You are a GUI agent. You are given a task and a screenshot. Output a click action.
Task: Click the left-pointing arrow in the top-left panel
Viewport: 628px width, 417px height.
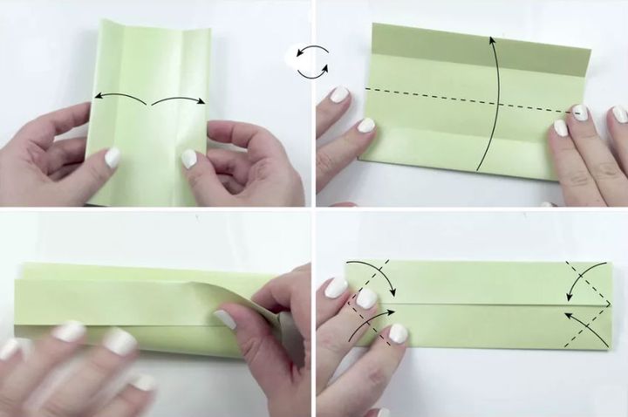click(x=119, y=96)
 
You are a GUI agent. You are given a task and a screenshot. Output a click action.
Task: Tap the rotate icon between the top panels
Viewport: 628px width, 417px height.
click(x=311, y=62)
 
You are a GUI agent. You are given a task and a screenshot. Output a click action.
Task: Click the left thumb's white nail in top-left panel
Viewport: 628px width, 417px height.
click(x=113, y=158)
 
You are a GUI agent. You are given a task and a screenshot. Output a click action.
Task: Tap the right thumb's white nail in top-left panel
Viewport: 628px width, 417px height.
click(x=188, y=159)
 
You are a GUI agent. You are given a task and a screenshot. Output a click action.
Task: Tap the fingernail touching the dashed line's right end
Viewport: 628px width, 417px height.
click(x=579, y=113)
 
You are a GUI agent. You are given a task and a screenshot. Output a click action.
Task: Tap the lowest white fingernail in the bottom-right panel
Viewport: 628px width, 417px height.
click(x=399, y=333)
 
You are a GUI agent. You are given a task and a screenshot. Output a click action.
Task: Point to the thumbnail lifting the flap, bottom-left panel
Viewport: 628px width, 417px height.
click(x=225, y=319)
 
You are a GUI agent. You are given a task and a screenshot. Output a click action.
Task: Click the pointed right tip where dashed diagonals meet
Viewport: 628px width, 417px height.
click(x=609, y=304)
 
